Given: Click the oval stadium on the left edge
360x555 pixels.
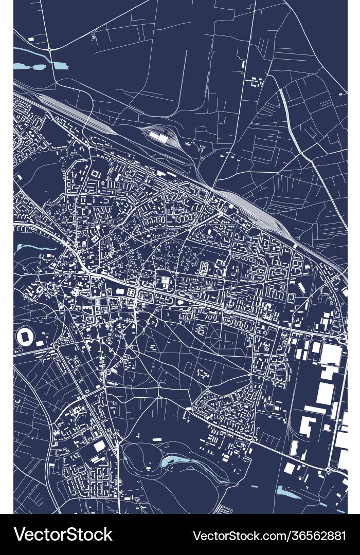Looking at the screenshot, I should click(25, 337).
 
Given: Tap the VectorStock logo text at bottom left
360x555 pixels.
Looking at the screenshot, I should click(63, 534).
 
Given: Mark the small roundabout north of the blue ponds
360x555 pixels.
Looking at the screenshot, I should click(49, 49).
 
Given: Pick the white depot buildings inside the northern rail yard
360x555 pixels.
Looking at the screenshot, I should click(159, 137).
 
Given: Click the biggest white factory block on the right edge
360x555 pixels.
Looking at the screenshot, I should click(331, 355).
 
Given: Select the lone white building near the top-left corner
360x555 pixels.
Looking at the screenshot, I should click(31, 39).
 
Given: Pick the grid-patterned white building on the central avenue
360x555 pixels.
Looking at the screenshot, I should click(166, 282).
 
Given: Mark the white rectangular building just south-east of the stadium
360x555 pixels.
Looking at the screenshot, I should click(40, 343).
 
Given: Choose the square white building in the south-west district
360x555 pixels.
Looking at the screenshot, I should click(100, 446).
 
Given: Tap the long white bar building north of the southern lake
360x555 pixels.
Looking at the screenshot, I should click(156, 439).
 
